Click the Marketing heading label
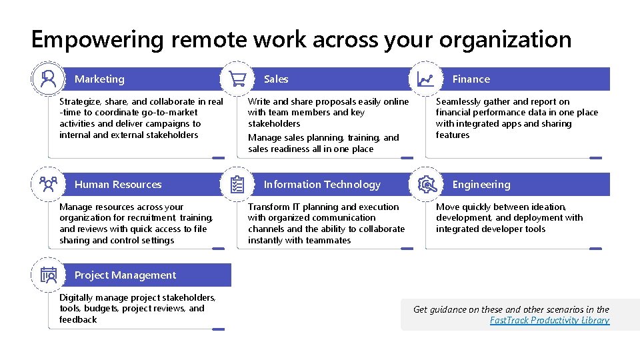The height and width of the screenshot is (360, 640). (x=99, y=79)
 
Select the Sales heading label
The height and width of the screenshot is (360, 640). (x=276, y=79)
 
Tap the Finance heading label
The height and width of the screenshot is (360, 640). (x=471, y=79)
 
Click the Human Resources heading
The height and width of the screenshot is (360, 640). (x=118, y=185)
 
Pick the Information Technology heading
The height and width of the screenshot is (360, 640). (x=322, y=185)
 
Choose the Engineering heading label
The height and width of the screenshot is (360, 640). (x=481, y=185)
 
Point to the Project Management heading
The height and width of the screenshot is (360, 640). (x=125, y=275)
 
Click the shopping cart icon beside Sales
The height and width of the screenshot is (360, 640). (x=237, y=79)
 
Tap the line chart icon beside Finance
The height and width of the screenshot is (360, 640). (x=425, y=79)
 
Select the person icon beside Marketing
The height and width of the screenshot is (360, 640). (x=48, y=79)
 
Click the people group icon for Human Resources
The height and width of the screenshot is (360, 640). (x=48, y=185)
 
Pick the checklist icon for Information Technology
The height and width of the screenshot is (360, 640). (x=237, y=185)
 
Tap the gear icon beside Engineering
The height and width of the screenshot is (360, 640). (x=425, y=185)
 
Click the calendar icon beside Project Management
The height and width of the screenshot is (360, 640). (x=48, y=275)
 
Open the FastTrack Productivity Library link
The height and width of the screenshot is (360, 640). (x=549, y=321)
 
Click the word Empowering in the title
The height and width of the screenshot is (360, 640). (x=97, y=40)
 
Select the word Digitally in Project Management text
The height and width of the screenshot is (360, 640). (x=79, y=298)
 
